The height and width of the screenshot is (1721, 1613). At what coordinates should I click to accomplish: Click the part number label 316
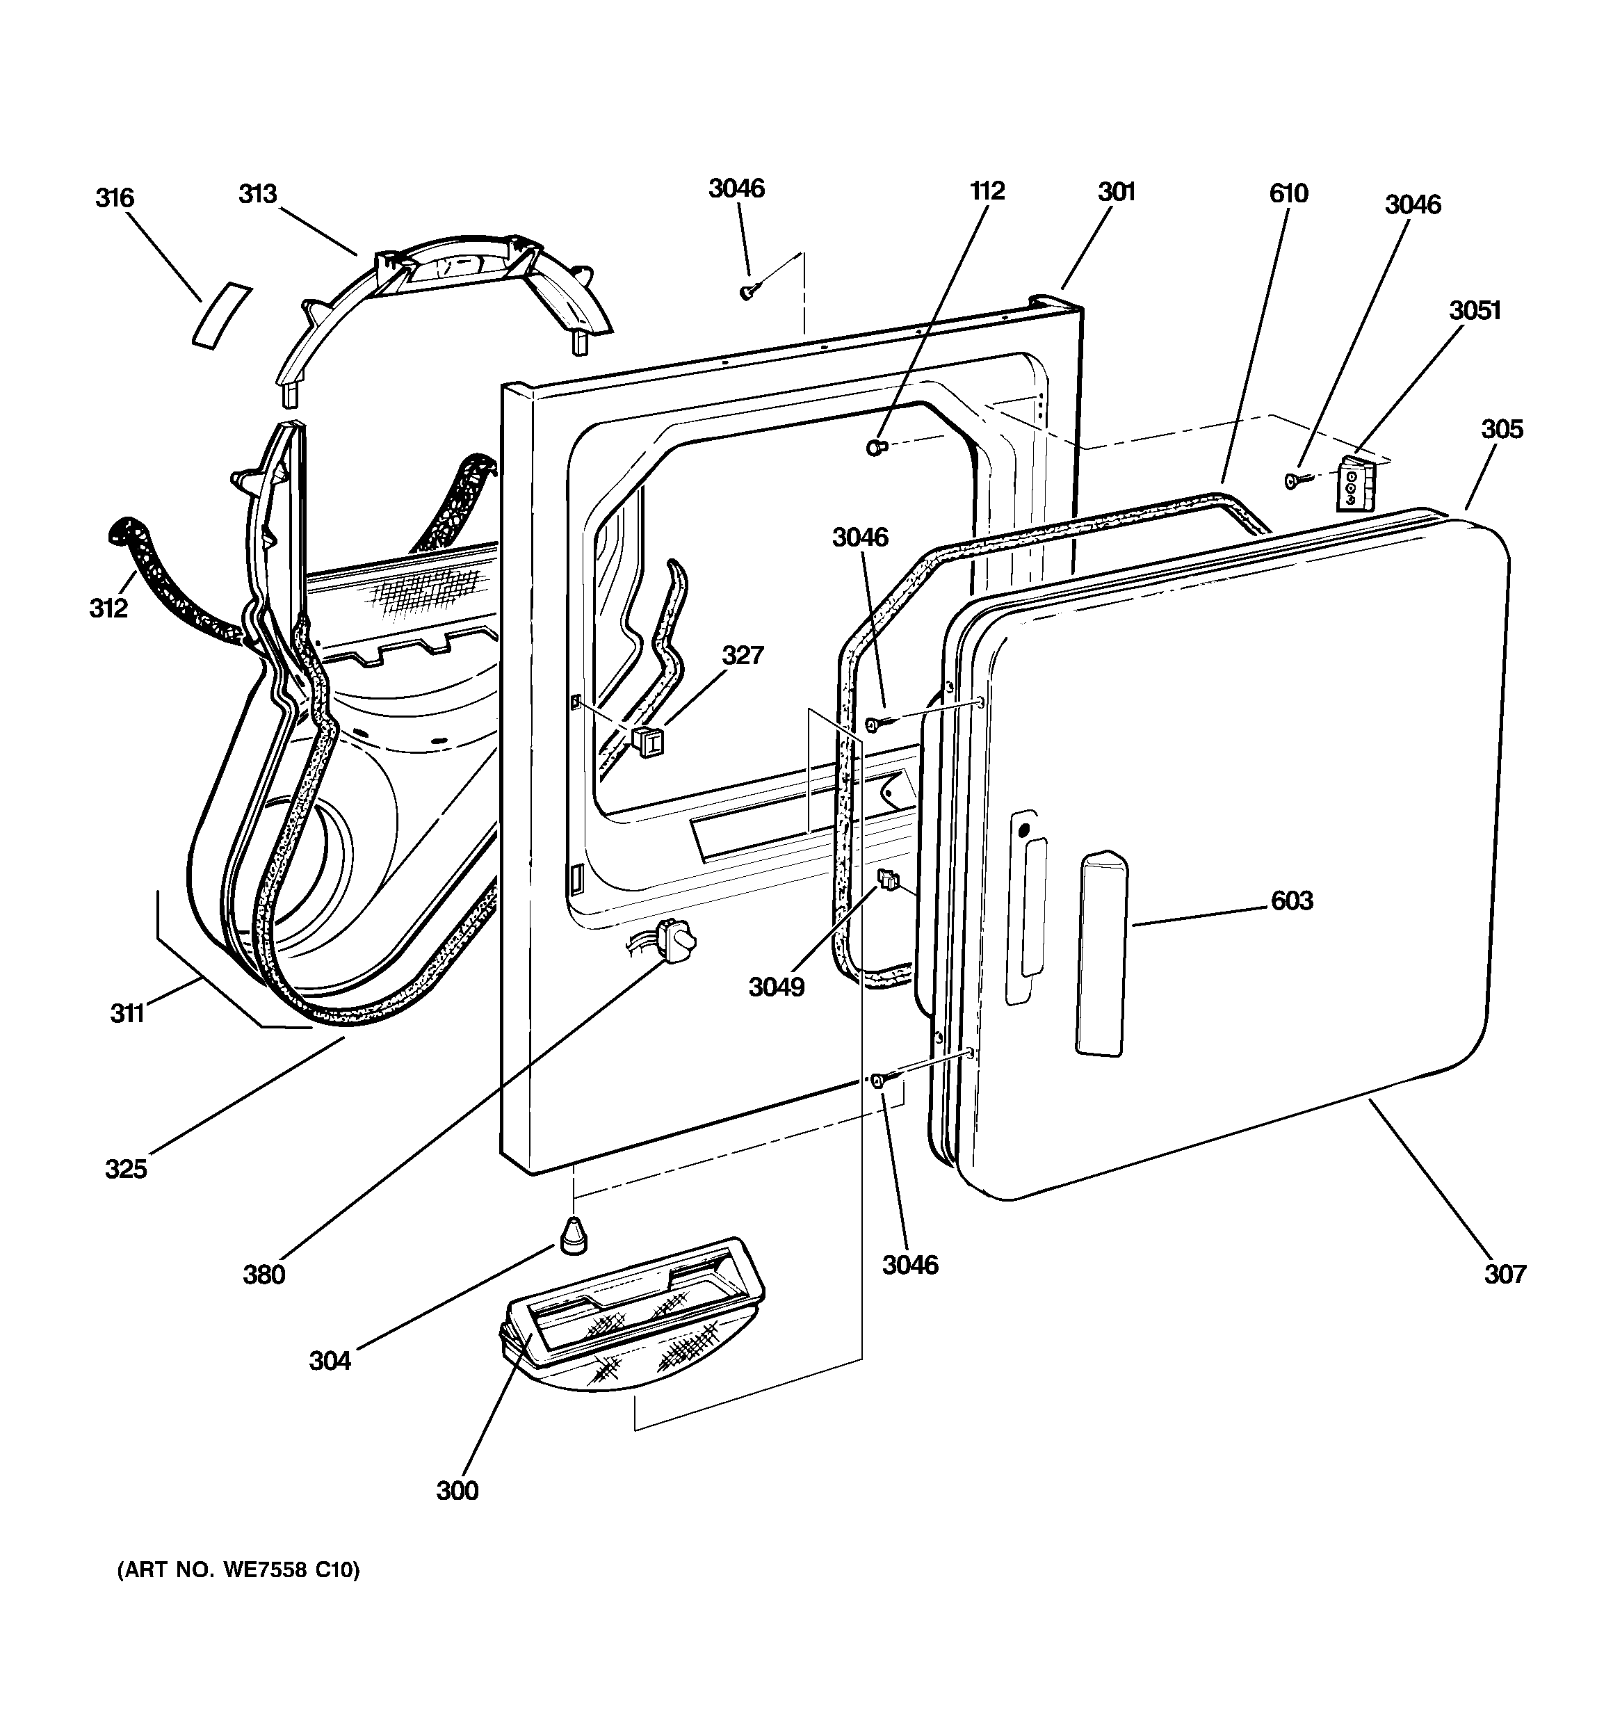click(x=114, y=198)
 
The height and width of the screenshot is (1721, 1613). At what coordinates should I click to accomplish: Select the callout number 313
click(x=257, y=194)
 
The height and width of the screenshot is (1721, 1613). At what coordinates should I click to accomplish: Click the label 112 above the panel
click(x=987, y=191)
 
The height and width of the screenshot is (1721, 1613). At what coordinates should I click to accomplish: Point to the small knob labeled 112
click(x=876, y=448)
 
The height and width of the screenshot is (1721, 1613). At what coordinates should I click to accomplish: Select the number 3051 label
click(x=1475, y=310)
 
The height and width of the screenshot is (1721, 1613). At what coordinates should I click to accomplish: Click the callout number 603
click(x=1292, y=901)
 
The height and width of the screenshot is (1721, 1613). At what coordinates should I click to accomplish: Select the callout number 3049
click(x=777, y=987)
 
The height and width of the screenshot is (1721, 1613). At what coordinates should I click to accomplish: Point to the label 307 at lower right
click(x=1505, y=1273)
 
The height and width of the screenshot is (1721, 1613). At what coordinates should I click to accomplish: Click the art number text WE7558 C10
click(x=237, y=1594)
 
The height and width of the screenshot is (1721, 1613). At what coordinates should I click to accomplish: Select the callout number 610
click(x=1288, y=193)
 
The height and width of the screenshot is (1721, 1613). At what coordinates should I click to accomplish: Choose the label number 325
click(x=127, y=1170)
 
